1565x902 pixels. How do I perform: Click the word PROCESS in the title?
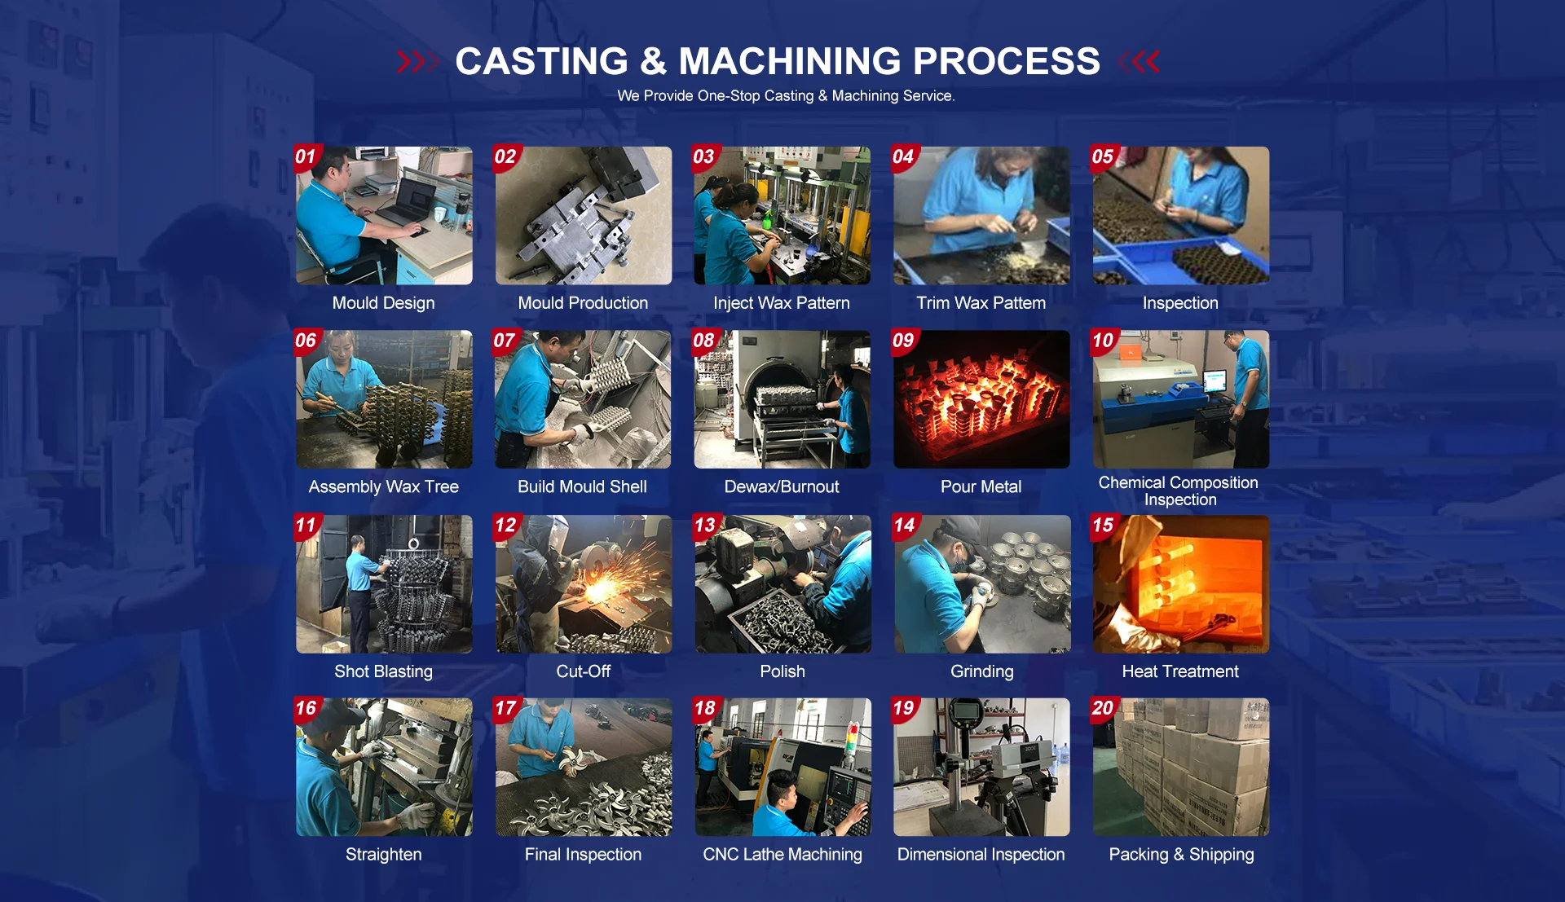(x=1007, y=61)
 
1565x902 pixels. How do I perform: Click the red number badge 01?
(x=306, y=157)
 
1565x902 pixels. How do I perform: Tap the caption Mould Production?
(x=583, y=303)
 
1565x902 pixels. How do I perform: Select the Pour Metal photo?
(x=981, y=399)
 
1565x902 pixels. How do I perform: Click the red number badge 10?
(x=1104, y=341)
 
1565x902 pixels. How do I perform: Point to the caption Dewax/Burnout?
(x=782, y=487)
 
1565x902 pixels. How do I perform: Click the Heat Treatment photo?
(x=1181, y=584)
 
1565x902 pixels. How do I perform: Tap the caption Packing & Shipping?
(x=1181, y=855)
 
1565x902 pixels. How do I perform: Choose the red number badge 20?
(x=1104, y=709)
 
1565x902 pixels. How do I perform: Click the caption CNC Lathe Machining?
(x=782, y=855)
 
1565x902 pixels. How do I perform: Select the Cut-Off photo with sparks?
(x=584, y=584)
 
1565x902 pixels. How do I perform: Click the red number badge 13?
(x=706, y=526)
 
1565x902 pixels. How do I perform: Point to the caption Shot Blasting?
(x=383, y=671)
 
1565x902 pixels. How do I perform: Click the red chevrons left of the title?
(x=417, y=62)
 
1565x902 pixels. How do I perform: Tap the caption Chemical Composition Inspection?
(x=1179, y=491)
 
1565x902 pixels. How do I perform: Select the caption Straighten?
(x=384, y=855)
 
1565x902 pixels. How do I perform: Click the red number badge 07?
(x=506, y=341)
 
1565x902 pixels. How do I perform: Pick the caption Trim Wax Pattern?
(x=981, y=303)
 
